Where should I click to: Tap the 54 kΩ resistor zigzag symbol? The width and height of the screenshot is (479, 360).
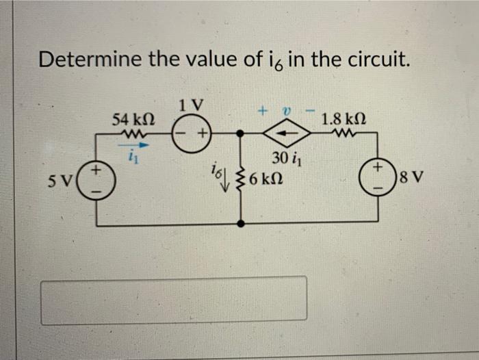(130, 133)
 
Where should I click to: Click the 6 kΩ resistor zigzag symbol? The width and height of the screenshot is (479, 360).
(240, 180)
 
